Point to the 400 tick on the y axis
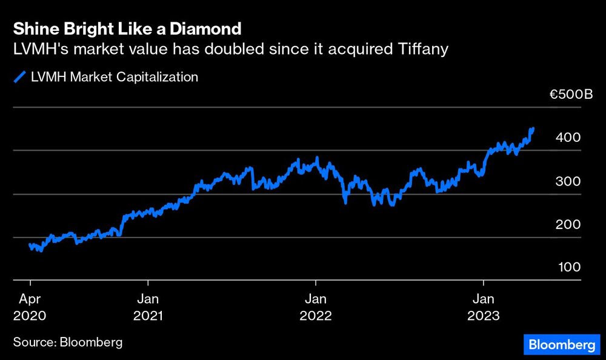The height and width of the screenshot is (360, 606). (x=568, y=138)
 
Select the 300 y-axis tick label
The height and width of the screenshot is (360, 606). (x=568, y=181)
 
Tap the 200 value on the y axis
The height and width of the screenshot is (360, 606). (x=568, y=224)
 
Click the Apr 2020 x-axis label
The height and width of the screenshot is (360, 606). (x=30, y=307)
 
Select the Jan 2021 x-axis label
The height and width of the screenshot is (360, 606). (x=148, y=307)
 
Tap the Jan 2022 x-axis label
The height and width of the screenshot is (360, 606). (x=316, y=307)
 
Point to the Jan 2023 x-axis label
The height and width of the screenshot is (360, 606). (x=484, y=307)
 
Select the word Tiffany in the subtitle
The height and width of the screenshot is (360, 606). (x=425, y=49)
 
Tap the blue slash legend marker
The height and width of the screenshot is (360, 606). (x=20, y=77)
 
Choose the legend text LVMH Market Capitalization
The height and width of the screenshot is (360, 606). (x=115, y=77)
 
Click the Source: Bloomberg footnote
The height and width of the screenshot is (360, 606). (x=68, y=342)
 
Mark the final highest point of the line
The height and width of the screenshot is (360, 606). (x=532, y=128)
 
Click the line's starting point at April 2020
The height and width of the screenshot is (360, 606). (x=30, y=245)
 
